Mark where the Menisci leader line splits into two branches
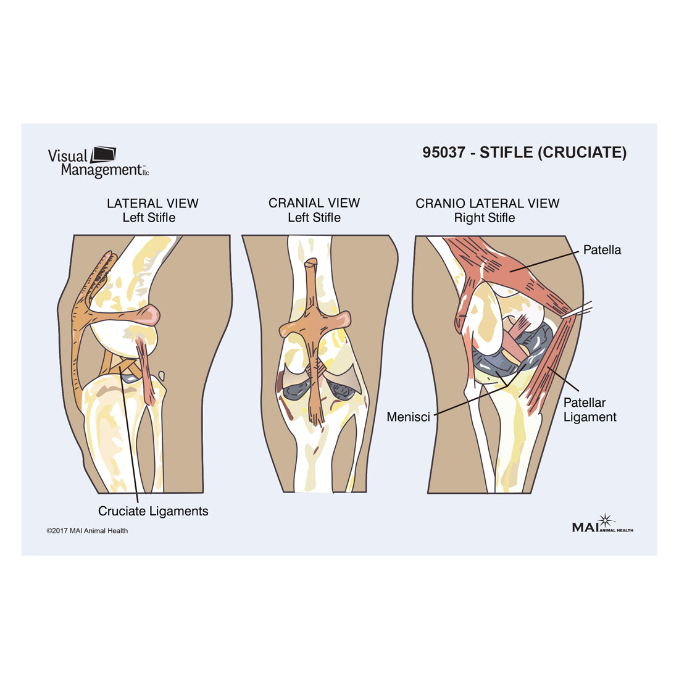pos(507,386)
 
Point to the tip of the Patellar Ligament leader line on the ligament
pos(547,367)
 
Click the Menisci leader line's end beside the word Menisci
pos(435,415)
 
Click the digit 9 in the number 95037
pos(427,152)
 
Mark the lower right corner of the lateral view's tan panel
pos(203,493)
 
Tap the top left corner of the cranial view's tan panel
pos(242,236)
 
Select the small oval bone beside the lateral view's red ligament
pos(162,376)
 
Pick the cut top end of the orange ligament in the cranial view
pos(311,262)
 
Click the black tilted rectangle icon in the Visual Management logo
pos(104,154)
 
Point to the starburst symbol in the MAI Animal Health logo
pos(606,520)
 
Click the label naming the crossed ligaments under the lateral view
pos(153,511)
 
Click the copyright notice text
pos(87,530)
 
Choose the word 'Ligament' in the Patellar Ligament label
pos(589,417)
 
